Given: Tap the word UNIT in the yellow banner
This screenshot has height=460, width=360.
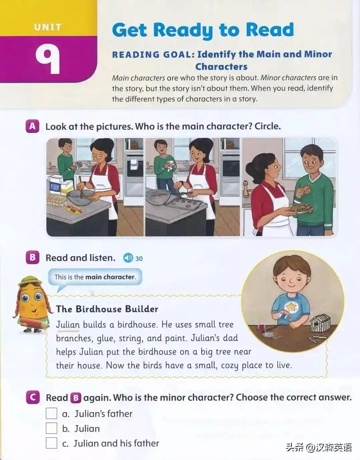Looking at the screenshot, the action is pos(48,27).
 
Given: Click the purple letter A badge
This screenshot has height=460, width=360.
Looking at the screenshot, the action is pos(32,126).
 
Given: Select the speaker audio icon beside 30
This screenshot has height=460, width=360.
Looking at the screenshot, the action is pos(128,258).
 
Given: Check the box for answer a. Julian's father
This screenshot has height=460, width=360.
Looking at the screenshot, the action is pos(51,413).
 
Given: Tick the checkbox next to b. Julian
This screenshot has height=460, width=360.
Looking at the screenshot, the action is pos(51,428).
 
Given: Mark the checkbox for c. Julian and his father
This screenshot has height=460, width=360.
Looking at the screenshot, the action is pos(51,443).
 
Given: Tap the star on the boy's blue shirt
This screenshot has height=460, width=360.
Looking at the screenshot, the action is pos(290,306).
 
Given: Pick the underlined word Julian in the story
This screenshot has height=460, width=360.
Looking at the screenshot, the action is pos(68,324).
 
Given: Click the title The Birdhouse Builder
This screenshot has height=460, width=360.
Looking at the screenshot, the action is pos(107,309).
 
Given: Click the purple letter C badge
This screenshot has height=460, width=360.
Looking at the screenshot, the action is pos(33,397).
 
